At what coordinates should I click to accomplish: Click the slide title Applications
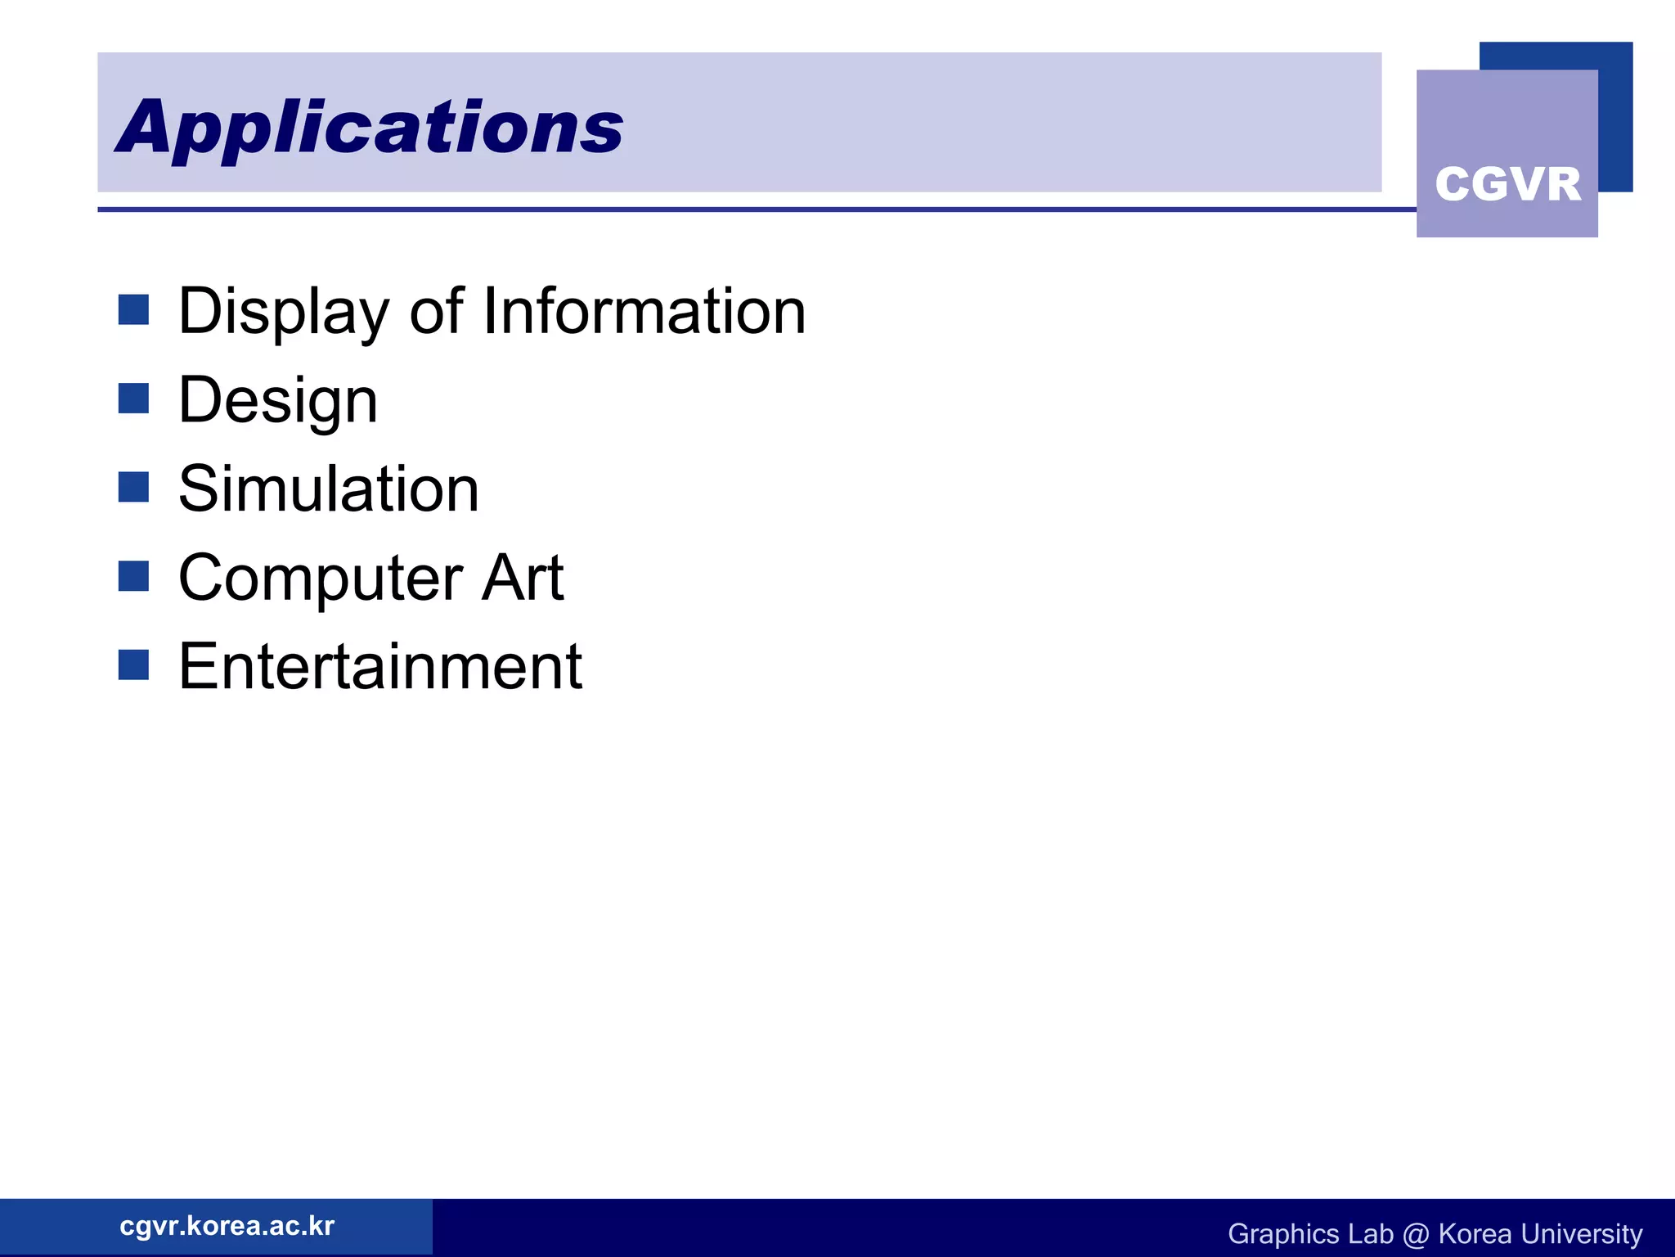tap(370, 127)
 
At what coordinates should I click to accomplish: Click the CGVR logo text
tap(1507, 184)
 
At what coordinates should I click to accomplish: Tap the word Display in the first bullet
tap(283, 313)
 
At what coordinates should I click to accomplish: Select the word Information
tap(644, 312)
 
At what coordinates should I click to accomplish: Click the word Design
tap(278, 401)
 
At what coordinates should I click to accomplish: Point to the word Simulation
tap(329, 489)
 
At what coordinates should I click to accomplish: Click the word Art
tap(523, 578)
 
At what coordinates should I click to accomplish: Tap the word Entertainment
tap(380, 667)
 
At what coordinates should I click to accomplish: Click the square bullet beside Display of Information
tap(133, 310)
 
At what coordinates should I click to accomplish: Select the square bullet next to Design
tap(133, 399)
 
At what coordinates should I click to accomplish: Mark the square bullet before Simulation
tap(133, 487)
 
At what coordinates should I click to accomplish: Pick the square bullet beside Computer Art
tap(133, 575)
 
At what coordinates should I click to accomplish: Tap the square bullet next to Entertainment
tap(133, 665)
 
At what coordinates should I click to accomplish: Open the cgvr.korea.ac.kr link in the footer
tap(227, 1226)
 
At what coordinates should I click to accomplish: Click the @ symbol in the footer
tap(1416, 1234)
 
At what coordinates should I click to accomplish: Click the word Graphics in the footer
tap(1283, 1234)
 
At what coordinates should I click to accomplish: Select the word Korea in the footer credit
tap(1475, 1233)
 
